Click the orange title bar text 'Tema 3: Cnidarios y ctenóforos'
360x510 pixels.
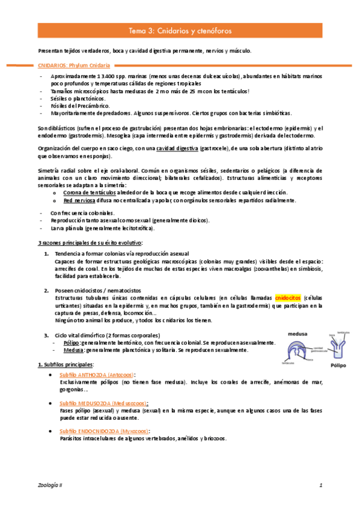click(x=180, y=30)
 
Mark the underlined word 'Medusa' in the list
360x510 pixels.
click(x=73, y=350)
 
